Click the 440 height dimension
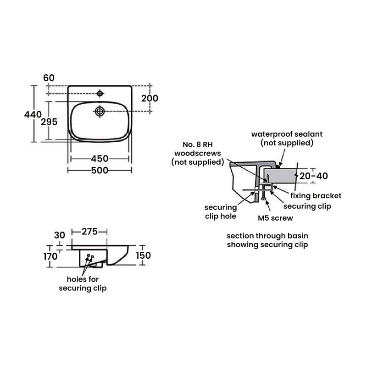(33, 114)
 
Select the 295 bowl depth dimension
(49, 122)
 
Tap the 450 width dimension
(100, 159)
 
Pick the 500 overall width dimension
(100, 170)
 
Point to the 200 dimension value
(150, 98)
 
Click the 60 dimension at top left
(49, 78)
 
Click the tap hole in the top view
(100, 94)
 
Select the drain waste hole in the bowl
(100, 111)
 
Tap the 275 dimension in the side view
(89, 232)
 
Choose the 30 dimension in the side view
(60, 235)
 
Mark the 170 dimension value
(50, 256)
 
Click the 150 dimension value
(144, 256)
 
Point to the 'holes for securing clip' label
(83, 284)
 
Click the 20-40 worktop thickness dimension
(314, 176)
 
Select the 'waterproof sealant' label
(287, 134)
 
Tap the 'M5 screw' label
(276, 218)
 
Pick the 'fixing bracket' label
(316, 196)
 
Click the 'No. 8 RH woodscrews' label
(198, 149)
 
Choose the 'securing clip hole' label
(221, 212)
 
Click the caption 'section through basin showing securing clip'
(267, 240)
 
